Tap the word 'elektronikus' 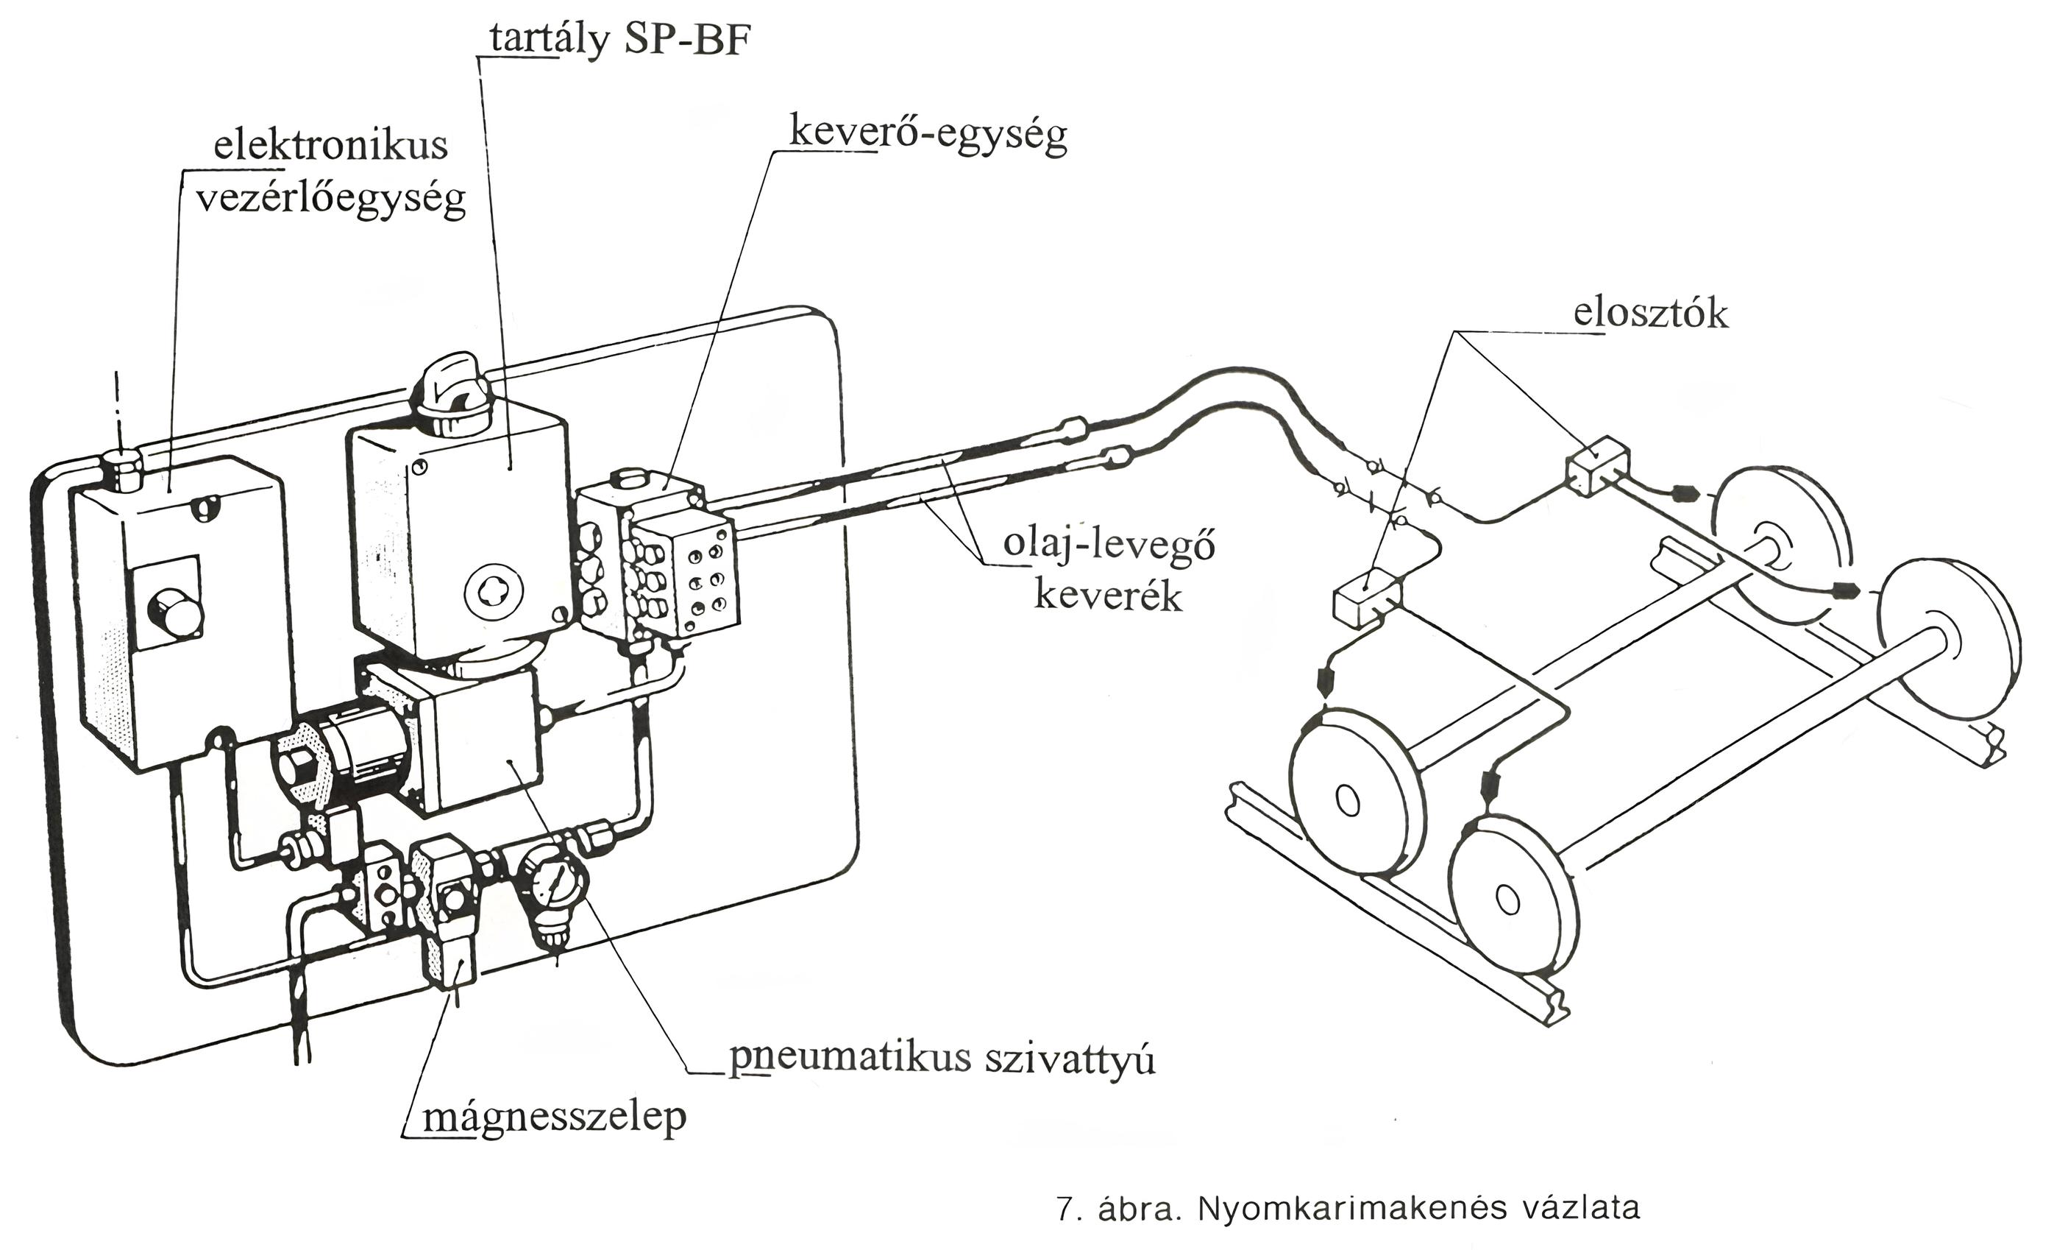pyautogui.click(x=330, y=146)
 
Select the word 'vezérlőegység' pyautogui.click(x=330, y=200)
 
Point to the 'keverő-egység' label pyautogui.click(x=927, y=134)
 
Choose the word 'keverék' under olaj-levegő pyautogui.click(x=1108, y=597)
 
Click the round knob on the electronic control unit pyautogui.click(x=174, y=614)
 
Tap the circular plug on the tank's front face pyautogui.click(x=493, y=593)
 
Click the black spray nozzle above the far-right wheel pyautogui.click(x=1846, y=591)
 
